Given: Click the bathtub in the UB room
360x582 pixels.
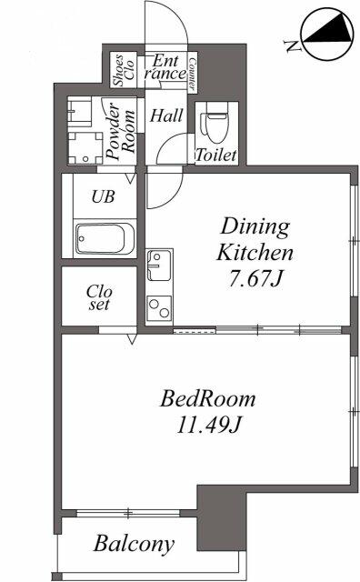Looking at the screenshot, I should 104,240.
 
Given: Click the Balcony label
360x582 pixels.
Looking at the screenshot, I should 134,545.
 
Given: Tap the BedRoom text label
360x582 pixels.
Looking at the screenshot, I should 207,398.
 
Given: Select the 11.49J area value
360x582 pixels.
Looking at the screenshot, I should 208,424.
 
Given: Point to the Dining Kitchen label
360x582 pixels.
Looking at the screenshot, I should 256,238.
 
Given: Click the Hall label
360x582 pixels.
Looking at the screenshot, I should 165,115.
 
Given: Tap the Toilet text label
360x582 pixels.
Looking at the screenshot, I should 216,156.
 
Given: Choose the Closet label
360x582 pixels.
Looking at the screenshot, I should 98,298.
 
